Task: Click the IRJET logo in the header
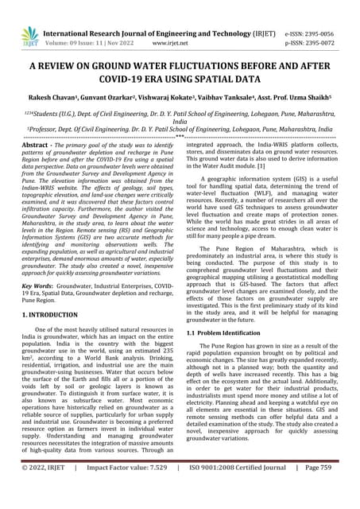29,34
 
